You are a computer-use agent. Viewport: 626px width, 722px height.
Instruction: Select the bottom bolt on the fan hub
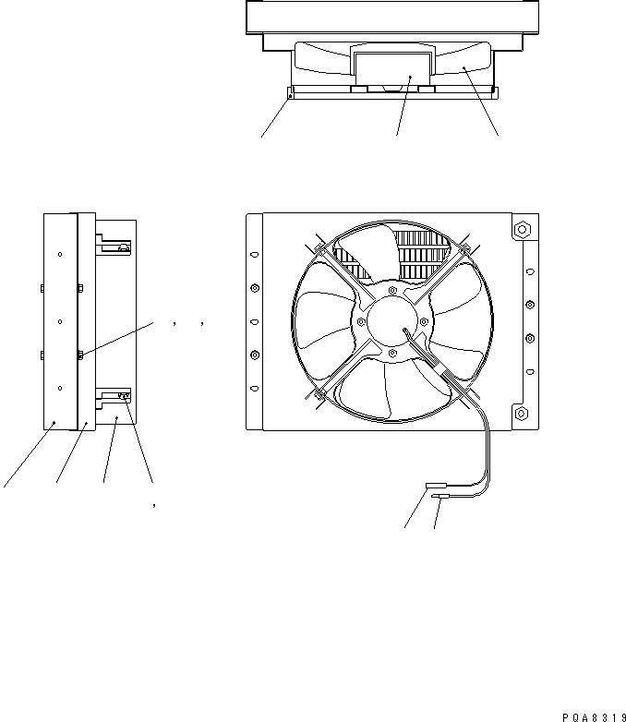click(392, 352)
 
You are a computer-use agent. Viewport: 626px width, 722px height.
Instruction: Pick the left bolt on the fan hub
click(361, 321)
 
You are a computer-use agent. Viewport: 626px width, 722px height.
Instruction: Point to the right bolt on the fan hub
click(424, 321)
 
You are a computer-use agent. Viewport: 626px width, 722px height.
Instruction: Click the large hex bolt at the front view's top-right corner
click(520, 228)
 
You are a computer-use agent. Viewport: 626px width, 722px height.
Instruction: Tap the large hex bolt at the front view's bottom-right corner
click(520, 414)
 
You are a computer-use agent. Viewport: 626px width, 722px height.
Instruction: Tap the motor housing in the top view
click(392, 66)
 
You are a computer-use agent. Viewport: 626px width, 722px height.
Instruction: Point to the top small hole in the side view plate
click(60, 254)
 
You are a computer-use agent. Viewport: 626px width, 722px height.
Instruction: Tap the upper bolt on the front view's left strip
click(255, 287)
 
